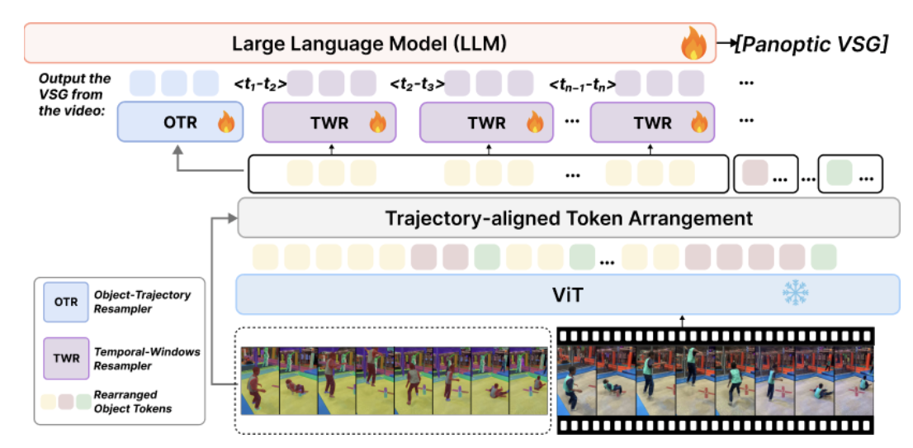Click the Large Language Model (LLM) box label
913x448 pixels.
[x=370, y=42]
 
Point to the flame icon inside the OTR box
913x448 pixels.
[x=225, y=124]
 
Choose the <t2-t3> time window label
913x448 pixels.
[x=417, y=83]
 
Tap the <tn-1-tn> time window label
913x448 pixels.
[x=582, y=83]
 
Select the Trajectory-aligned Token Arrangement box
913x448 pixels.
[x=568, y=218]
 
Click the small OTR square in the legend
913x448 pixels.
[x=66, y=302]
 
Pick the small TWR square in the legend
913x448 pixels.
[x=66, y=359]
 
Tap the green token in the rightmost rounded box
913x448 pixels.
[x=839, y=174]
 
